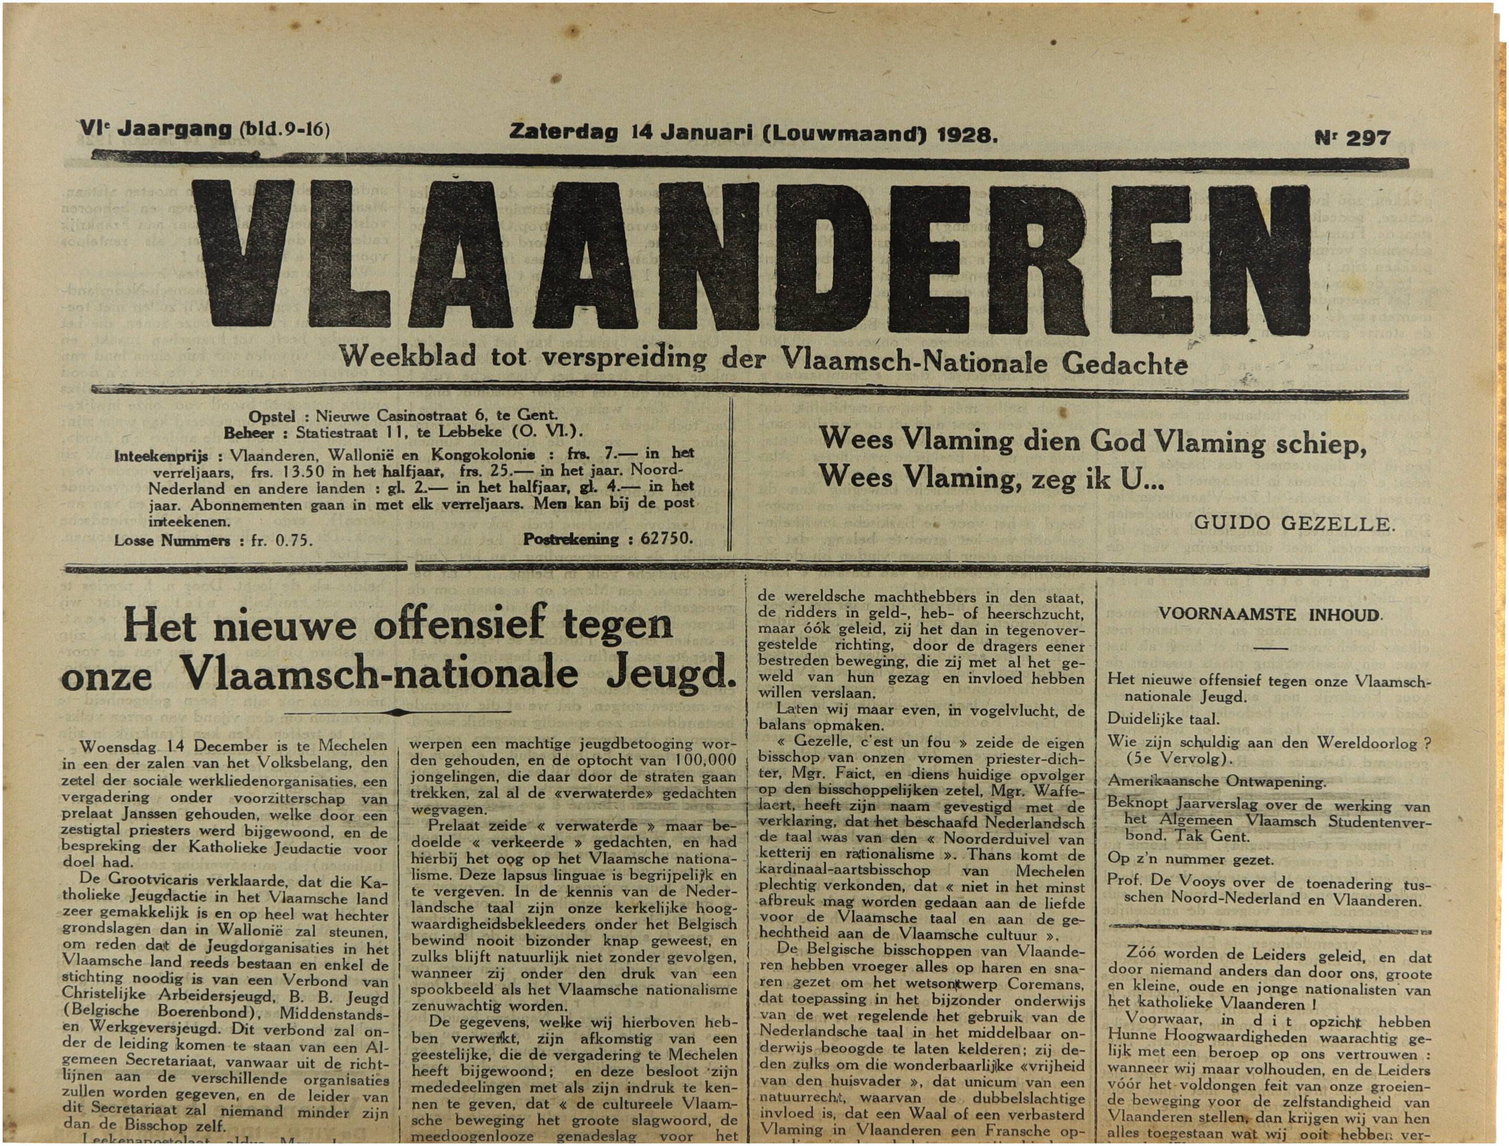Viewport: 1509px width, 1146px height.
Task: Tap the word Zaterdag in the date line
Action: (563, 131)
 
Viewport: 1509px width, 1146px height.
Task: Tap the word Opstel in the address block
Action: (271, 416)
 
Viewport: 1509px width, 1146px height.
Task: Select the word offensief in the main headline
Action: (455, 626)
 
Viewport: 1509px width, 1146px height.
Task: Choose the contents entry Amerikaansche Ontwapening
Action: (1216, 781)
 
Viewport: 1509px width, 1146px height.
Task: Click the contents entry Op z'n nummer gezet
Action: (1190, 860)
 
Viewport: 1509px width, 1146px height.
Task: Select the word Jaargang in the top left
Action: (175, 130)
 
